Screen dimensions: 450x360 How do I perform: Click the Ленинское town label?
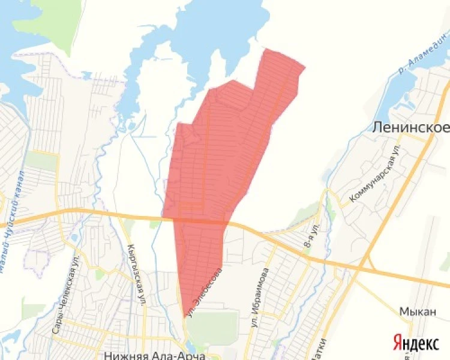tap(410, 128)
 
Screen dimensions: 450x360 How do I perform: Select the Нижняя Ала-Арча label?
tap(155, 355)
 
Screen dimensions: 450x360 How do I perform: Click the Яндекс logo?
tap(416, 343)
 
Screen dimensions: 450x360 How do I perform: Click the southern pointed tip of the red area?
tap(184, 316)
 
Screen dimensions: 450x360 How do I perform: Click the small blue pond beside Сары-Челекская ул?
tap(73, 236)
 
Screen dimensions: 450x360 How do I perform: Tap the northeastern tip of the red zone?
tap(305, 68)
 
